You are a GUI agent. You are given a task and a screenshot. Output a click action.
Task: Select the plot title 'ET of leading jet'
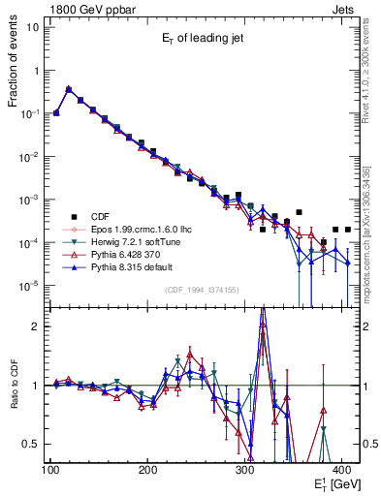[205, 38]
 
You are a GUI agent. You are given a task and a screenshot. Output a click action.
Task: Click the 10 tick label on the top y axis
[32, 26]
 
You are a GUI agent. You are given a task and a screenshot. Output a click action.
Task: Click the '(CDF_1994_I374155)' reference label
[205, 289]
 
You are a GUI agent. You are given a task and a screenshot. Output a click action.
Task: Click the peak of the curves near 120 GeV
[68, 88]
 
